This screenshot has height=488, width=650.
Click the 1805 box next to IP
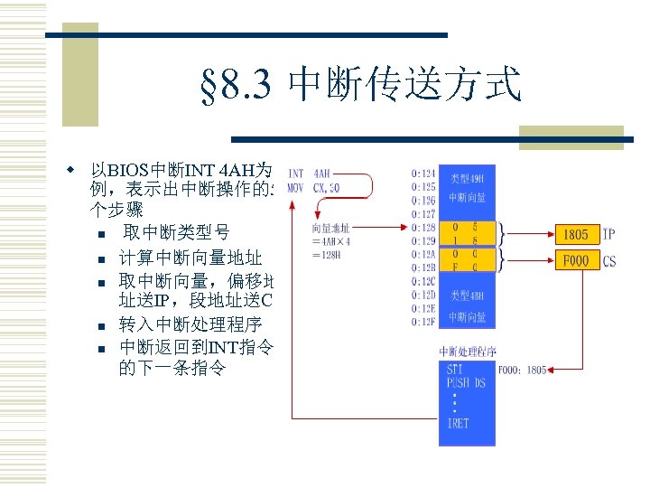575,235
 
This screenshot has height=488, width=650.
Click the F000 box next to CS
575,260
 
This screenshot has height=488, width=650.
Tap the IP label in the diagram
609,235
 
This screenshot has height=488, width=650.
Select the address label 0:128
423,229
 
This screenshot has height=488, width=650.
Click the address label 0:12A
423,255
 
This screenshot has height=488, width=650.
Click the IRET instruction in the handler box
458,423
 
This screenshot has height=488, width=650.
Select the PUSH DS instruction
466,382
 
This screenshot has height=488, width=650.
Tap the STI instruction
457,369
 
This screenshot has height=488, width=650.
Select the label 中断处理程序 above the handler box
467,351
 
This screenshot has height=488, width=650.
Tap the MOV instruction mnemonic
295,188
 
